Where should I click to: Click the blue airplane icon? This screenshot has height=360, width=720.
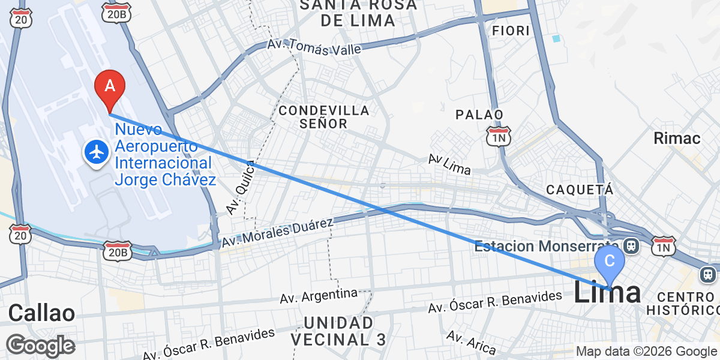(x=96, y=152)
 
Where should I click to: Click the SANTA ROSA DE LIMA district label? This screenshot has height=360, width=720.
(x=358, y=13)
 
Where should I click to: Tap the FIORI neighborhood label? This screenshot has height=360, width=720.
(x=510, y=30)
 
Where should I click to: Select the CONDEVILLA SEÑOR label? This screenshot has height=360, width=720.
(x=323, y=117)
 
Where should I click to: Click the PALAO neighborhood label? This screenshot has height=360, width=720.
(x=479, y=114)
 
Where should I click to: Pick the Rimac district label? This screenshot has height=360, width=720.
(x=677, y=139)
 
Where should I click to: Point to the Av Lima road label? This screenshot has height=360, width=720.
(x=449, y=164)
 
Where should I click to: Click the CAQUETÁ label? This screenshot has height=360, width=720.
(x=580, y=190)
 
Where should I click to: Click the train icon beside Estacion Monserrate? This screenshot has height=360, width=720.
(x=631, y=245)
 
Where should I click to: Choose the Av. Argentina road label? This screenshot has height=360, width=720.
(x=319, y=296)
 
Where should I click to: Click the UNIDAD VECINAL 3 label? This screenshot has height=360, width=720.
(x=339, y=331)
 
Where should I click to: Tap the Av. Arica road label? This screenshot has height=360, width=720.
(x=472, y=343)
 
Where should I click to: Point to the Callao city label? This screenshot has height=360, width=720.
(x=41, y=313)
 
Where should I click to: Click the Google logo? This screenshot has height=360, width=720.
(x=40, y=346)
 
